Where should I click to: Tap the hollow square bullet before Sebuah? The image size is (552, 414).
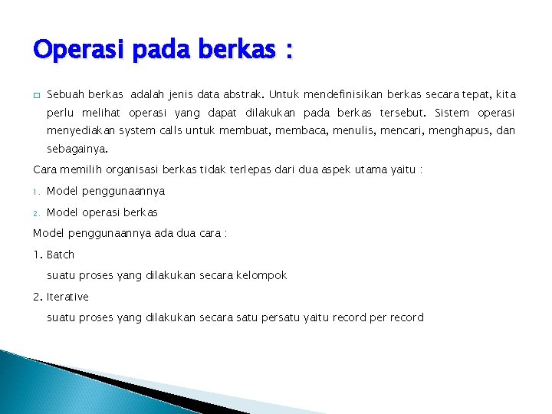pyautogui.click(x=36, y=96)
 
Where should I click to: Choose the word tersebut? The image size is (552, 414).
pyautogui.click(x=402, y=113)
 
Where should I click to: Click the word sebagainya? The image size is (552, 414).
pyautogui.click(x=77, y=149)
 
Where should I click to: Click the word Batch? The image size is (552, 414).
pyautogui.click(x=61, y=255)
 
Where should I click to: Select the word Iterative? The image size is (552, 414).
pyautogui.click(x=67, y=297)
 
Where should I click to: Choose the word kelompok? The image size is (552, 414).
pyautogui.click(x=259, y=275)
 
